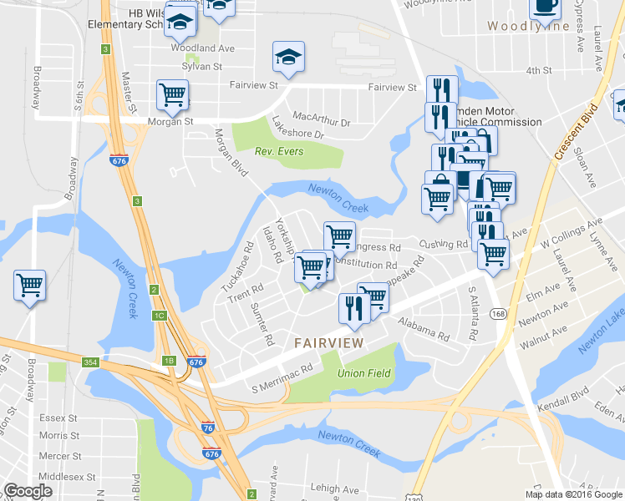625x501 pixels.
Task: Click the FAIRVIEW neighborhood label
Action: (328, 342)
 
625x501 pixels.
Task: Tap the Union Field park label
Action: (363, 372)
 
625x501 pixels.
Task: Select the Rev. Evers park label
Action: (279, 151)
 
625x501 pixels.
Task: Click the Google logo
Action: (28, 491)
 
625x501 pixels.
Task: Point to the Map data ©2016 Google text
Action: (573, 494)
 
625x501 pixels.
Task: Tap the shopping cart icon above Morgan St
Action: (172, 94)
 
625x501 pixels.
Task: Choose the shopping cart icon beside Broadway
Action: (30, 285)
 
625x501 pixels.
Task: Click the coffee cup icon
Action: (545, 7)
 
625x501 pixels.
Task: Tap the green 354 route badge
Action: (91, 362)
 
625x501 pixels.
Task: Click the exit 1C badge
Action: (159, 316)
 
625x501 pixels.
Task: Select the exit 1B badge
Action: (169, 360)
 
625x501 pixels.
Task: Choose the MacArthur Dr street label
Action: (321, 122)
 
